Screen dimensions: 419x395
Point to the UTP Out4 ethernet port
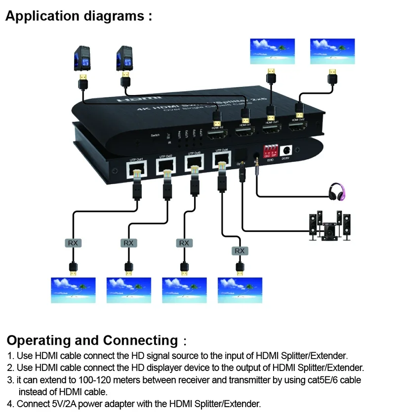tap(221, 159)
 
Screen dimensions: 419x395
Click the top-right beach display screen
tap(332, 51)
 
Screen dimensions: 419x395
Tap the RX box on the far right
tap(239, 251)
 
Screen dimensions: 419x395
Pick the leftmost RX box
tap(73, 243)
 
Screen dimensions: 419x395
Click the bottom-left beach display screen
tap(73, 290)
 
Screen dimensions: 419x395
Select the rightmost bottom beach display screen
tap(240, 290)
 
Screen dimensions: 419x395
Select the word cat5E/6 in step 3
tap(319, 380)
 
